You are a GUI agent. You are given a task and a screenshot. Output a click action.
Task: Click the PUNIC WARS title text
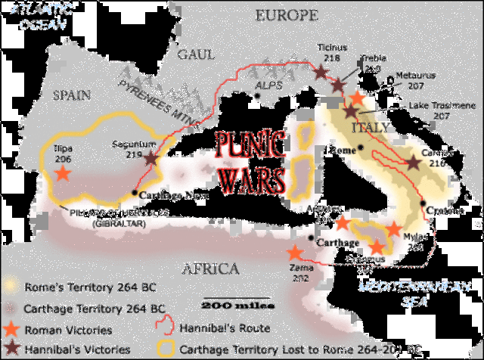250,161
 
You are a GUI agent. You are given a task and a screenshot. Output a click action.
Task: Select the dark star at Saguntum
151,159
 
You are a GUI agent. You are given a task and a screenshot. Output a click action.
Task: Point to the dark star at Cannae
413,162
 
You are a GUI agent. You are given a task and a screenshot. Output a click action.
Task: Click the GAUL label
197,54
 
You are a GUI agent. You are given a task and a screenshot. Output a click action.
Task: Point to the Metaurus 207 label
420,82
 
